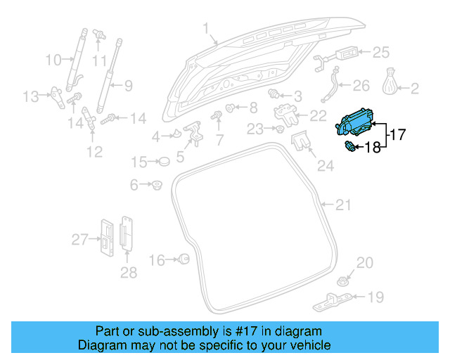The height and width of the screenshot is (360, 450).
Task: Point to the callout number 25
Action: click(x=380, y=52)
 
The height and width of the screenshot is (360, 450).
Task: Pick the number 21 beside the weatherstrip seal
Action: click(x=342, y=205)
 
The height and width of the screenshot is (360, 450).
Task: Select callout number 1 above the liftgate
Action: click(x=206, y=29)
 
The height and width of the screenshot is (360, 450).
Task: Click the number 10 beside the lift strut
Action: click(x=54, y=60)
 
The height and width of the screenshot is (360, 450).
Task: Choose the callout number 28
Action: click(x=128, y=272)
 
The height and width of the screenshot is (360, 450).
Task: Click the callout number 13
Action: click(x=31, y=96)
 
